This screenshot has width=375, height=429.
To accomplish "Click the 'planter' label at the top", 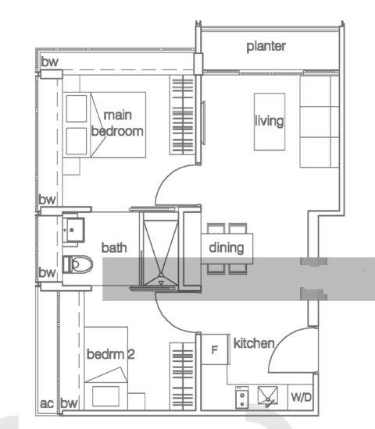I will [x=266, y=46].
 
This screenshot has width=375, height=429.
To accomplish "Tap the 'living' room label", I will [x=268, y=121].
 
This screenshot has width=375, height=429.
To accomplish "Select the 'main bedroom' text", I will [x=117, y=123].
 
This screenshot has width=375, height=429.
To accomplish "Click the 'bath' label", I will [x=114, y=247].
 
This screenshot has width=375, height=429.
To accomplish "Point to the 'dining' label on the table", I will [x=227, y=248].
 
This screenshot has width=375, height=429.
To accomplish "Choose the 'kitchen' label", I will [x=254, y=343].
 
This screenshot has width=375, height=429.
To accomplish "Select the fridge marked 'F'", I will [x=215, y=349].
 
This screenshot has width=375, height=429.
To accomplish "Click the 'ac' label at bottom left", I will [x=47, y=403].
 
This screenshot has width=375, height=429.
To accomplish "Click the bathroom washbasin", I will [x=76, y=228].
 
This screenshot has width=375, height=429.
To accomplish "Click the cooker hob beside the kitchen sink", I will [x=244, y=397].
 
